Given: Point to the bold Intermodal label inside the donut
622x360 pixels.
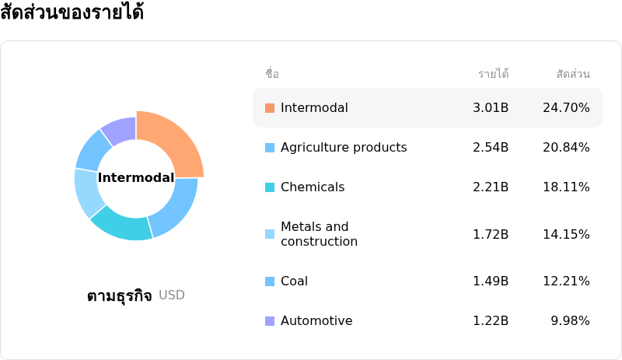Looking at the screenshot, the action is tap(136, 177).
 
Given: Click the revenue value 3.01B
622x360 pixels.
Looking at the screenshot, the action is tap(491, 107).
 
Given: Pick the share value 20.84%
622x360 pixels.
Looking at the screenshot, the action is tap(566, 147).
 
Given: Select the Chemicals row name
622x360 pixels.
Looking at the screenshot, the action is tap(313, 187).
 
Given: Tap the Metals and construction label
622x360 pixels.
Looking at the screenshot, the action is tap(319, 234).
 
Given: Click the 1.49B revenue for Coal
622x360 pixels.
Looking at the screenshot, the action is tap(491, 281).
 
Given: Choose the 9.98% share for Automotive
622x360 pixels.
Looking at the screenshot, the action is tap(570, 320).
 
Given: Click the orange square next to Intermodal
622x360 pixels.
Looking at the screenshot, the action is tap(270, 108).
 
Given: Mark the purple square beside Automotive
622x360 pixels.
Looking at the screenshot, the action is tap(270, 321).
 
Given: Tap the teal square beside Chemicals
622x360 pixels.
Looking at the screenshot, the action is tap(270, 187).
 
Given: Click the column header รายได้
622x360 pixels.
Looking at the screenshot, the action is tap(494, 73).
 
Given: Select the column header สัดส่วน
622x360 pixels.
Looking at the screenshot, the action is tap(573, 74).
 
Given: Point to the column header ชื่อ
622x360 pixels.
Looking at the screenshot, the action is tap(272, 73).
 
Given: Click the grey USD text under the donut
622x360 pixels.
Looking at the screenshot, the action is tap(172, 295).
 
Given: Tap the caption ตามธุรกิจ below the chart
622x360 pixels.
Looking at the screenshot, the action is tap(120, 295).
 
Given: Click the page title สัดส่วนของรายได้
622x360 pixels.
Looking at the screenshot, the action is tap(72, 12).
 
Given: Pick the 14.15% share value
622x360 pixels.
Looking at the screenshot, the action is tap(566, 234).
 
